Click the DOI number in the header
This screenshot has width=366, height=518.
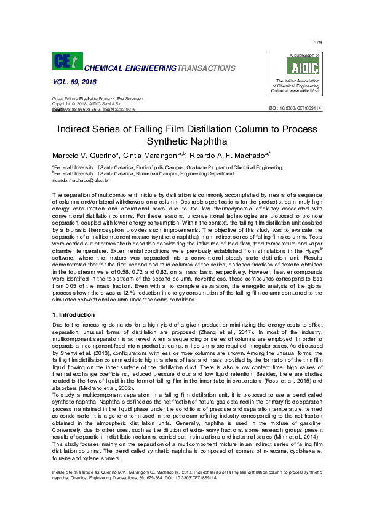296,108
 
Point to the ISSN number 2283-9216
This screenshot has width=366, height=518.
124,109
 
